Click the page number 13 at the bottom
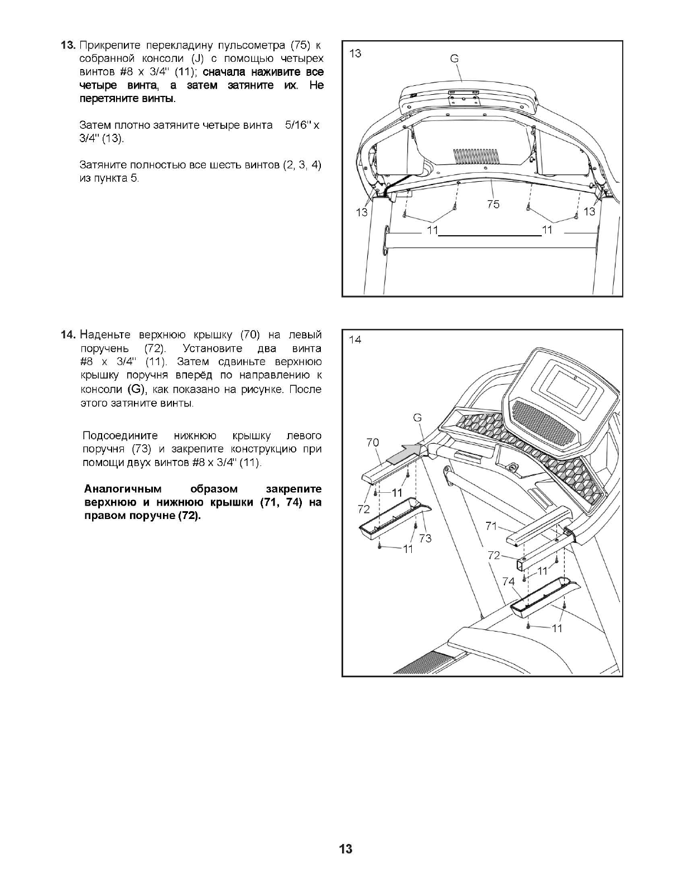pyautogui.click(x=345, y=849)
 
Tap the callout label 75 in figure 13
pyautogui.click(x=493, y=204)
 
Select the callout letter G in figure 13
pyautogui.click(x=454, y=59)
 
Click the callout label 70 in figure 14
pyautogui.click(x=372, y=442)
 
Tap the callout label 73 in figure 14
pyautogui.click(x=425, y=538)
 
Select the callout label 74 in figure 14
pyautogui.click(x=508, y=581)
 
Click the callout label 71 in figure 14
pyautogui.click(x=491, y=525)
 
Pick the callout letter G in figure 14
pyautogui.click(x=417, y=418)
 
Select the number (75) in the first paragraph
pyautogui.click(x=299, y=45)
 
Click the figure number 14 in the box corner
pyautogui.click(x=355, y=339)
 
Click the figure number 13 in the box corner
pyautogui.click(x=355, y=53)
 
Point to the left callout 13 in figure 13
pyautogui.click(x=362, y=212)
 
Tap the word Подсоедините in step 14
pyautogui.click(x=120, y=435)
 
